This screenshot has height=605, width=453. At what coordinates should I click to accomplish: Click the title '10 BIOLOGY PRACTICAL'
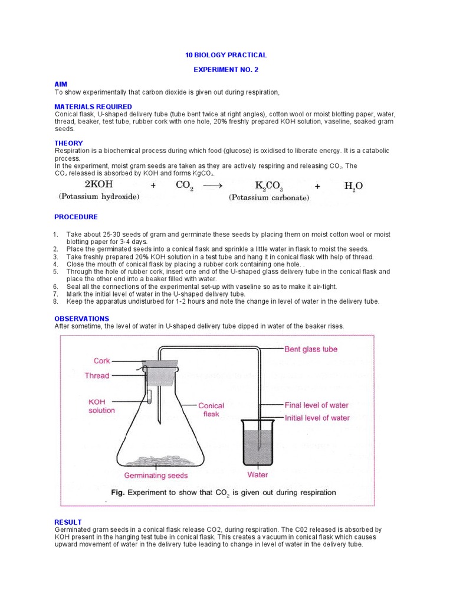click(226, 55)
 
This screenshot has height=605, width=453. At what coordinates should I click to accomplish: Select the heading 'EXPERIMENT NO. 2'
click(226, 70)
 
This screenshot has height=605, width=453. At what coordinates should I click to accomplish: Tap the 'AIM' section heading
click(61, 85)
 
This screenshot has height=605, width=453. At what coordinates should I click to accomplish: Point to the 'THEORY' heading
click(68, 143)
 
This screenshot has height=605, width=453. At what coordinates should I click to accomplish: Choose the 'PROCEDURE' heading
click(76, 217)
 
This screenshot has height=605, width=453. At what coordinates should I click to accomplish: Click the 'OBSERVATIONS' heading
click(81, 318)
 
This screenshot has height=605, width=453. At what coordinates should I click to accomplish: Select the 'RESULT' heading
click(68, 522)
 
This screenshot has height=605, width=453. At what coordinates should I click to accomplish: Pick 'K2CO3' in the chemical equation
click(269, 186)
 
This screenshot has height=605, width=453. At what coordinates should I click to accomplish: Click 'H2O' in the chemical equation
click(353, 186)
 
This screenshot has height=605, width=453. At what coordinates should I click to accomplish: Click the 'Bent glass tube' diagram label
click(311, 349)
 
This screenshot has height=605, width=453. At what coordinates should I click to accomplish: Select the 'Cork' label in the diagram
click(102, 360)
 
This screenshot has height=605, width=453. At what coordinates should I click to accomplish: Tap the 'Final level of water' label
click(317, 405)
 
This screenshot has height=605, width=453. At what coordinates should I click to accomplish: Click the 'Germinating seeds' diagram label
click(156, 475)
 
